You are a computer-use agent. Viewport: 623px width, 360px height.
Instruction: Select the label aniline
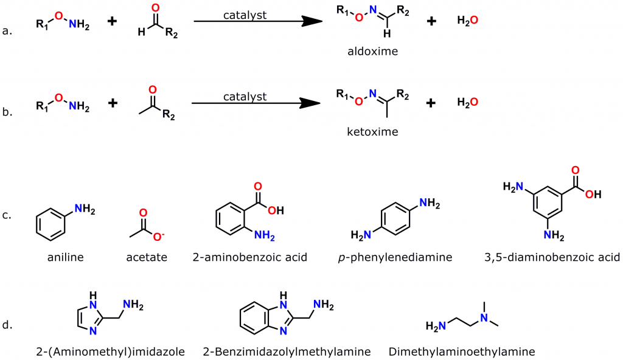[65, 257]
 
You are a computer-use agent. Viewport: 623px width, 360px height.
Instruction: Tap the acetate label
[147, 257]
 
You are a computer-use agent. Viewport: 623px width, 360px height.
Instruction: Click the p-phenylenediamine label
[395, 257]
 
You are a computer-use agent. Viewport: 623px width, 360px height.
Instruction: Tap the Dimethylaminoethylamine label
[461, 351]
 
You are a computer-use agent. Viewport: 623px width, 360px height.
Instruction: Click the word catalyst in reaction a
[245, 15]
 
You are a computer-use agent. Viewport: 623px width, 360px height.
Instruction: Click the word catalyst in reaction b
[245, 96]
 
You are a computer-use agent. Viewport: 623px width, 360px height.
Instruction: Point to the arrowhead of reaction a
[311, 21]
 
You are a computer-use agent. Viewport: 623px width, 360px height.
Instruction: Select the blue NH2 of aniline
[85, 210]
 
